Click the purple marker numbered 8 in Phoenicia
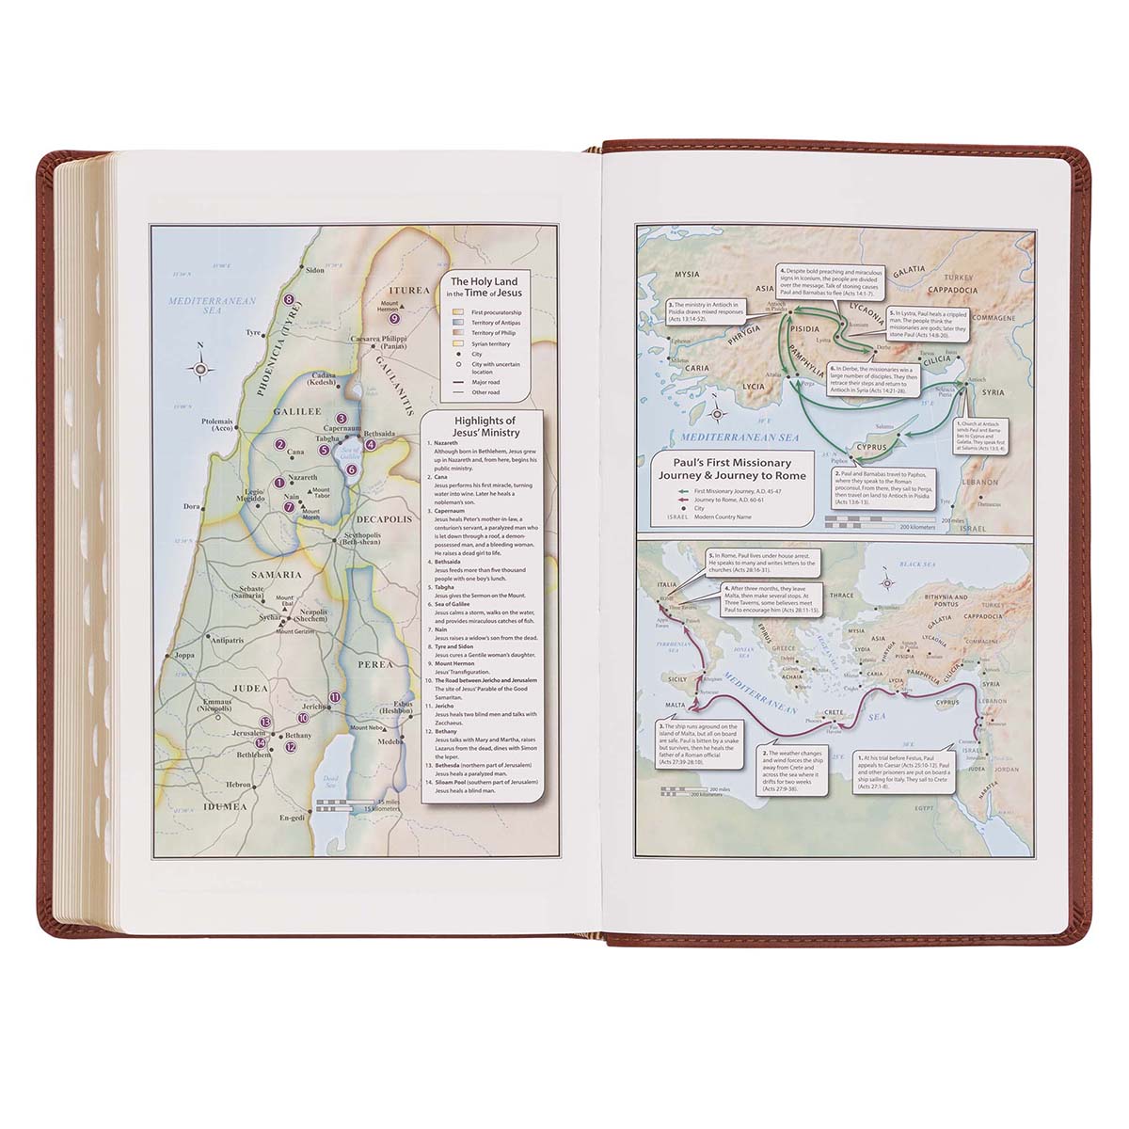coord(290,301)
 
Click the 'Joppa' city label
coord(183,655)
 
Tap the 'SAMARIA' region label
coord(276,574)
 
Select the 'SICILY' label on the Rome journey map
coord(678,677)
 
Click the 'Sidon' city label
coord(313,269)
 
